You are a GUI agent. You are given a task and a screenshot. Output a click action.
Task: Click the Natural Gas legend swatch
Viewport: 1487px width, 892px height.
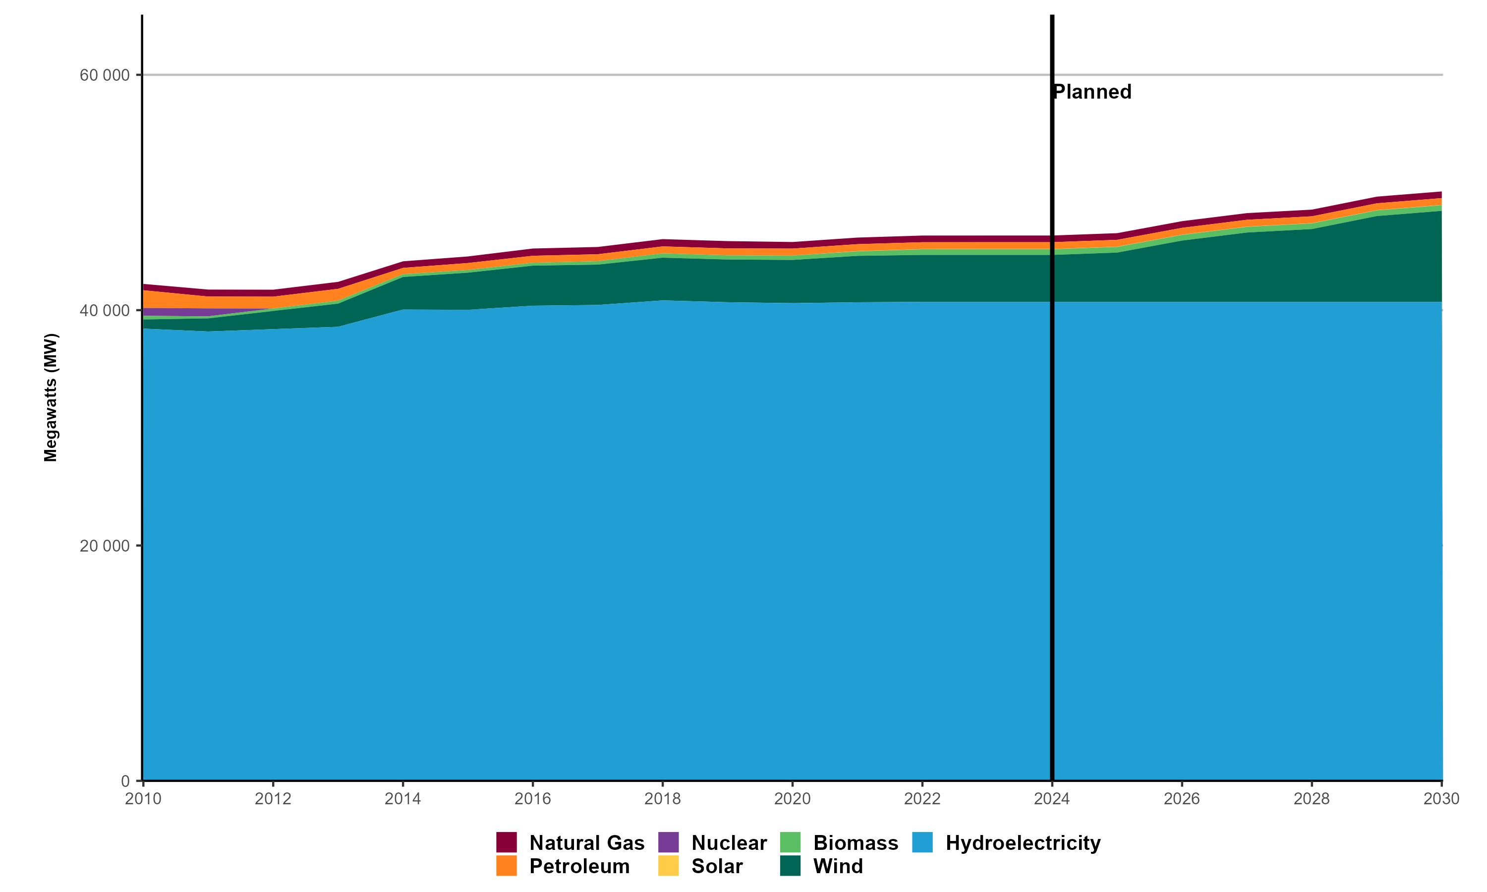pyautogui.click(x=506, y=842)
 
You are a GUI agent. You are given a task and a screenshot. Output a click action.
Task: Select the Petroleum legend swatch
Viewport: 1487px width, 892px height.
pyautogui.click(x=506, y=866)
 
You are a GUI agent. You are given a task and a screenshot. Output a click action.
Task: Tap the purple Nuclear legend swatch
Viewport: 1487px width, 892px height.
pyautogui.click(x=668, y=842)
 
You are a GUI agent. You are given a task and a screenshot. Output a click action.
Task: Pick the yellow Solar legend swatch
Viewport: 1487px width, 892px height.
pyautogui.click(x=668, y=866)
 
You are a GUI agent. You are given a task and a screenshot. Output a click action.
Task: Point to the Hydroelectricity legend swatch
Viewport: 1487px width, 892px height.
pyautogui.click(x=922, y=842)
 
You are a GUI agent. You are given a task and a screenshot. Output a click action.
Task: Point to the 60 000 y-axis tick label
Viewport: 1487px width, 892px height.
pyautogui.click(x=105, y=75)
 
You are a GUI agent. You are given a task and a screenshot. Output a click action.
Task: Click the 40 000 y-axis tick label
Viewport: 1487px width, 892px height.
pyautogui.click(x=105, y=311)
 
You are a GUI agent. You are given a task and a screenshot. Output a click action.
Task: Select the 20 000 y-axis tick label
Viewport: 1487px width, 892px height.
pyautogui.click(x=105, y=546)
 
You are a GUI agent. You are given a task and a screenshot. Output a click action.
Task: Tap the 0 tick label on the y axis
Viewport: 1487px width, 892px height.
pyautogui.click(x=125, y=781)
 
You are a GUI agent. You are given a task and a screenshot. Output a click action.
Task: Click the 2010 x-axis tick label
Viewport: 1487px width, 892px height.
pyautogui.click(x=143, y=799)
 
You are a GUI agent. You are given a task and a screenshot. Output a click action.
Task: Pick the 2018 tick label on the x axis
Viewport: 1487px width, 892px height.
pyautogui.click(x=662, y=799)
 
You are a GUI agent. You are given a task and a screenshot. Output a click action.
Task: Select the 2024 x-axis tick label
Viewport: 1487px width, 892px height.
pyautogui.click(x=1052, y=799)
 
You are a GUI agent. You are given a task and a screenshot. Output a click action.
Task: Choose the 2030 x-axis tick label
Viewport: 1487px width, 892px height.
pyautogui.click(x=1441, y=799)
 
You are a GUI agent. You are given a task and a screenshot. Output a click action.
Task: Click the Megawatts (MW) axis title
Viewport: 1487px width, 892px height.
pyautogui.click(x=51, y=397)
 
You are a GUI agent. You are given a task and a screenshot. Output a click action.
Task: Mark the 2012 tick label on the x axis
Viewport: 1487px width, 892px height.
pyautogui.click(x=273, y=799)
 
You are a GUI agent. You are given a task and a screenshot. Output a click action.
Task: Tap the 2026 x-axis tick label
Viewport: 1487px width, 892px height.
pyautogui.click(x=1182, y=799)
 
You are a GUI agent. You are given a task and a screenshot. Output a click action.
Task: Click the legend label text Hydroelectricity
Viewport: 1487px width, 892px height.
pyautogui.click(x=1023, y=843)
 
